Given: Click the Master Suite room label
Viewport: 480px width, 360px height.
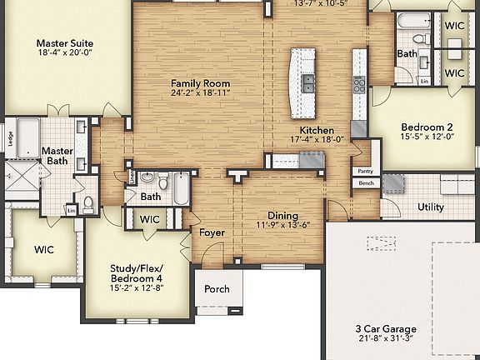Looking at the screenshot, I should click(64, 43).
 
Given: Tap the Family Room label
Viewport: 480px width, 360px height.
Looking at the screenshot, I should click(200, 83).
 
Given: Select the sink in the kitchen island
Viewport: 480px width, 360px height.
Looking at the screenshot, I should click(307, 82).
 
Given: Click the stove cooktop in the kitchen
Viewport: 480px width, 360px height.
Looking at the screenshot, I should click(360, 84).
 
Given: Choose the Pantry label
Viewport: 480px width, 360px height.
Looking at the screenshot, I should click(365, 171).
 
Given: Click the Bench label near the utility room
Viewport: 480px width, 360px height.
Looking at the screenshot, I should click(365, 183).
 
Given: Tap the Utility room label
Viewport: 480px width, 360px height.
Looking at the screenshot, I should click(430, 207).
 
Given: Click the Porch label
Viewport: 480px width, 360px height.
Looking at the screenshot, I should click(217, 290).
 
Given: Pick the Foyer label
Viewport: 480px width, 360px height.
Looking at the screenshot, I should click(212, 232).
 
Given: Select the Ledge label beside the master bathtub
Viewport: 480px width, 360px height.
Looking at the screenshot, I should click(10, 139).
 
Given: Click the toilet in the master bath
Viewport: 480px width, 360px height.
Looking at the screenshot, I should click(88, 203).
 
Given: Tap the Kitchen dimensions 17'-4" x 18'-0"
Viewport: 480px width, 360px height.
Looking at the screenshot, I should click(317, 141).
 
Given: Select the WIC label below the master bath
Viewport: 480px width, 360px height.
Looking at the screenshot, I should click(45, 249).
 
